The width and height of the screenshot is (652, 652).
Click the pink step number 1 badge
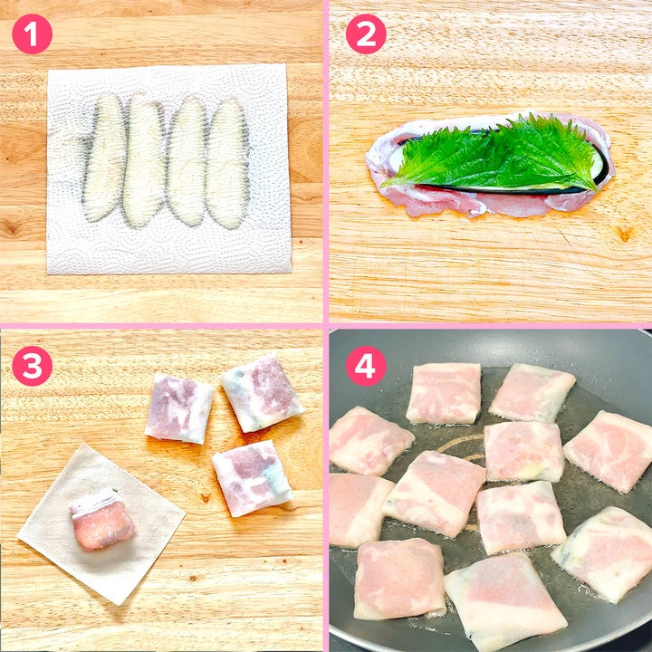[x=32, y=34]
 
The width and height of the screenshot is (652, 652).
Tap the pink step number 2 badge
[x=366, y=34]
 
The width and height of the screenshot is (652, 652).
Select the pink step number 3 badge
[x=32, y=366]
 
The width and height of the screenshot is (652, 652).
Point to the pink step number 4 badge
[x=366, y=366]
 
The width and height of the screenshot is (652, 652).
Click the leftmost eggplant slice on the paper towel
[x=104, y=158]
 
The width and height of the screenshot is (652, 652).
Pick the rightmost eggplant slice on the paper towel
[x=227, y=163]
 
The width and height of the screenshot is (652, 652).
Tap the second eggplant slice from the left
[x=144, y=161]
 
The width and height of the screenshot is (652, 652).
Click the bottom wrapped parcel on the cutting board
[x=253, y=478]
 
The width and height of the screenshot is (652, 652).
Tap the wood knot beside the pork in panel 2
[x=625, y=234]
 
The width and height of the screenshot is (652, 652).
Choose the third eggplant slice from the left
[x=187, y=162]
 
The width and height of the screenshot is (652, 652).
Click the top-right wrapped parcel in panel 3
[x=262, y=392]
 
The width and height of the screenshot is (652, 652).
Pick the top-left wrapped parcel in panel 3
[x=179, y=408]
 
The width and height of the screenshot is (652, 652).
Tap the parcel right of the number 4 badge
[x=444, y=393]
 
